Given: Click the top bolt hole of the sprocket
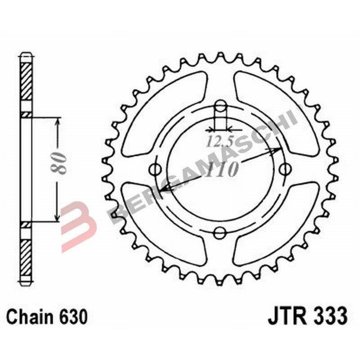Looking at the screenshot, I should (x=220, y=106).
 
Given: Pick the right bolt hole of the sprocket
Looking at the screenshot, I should (x=284, y=169).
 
